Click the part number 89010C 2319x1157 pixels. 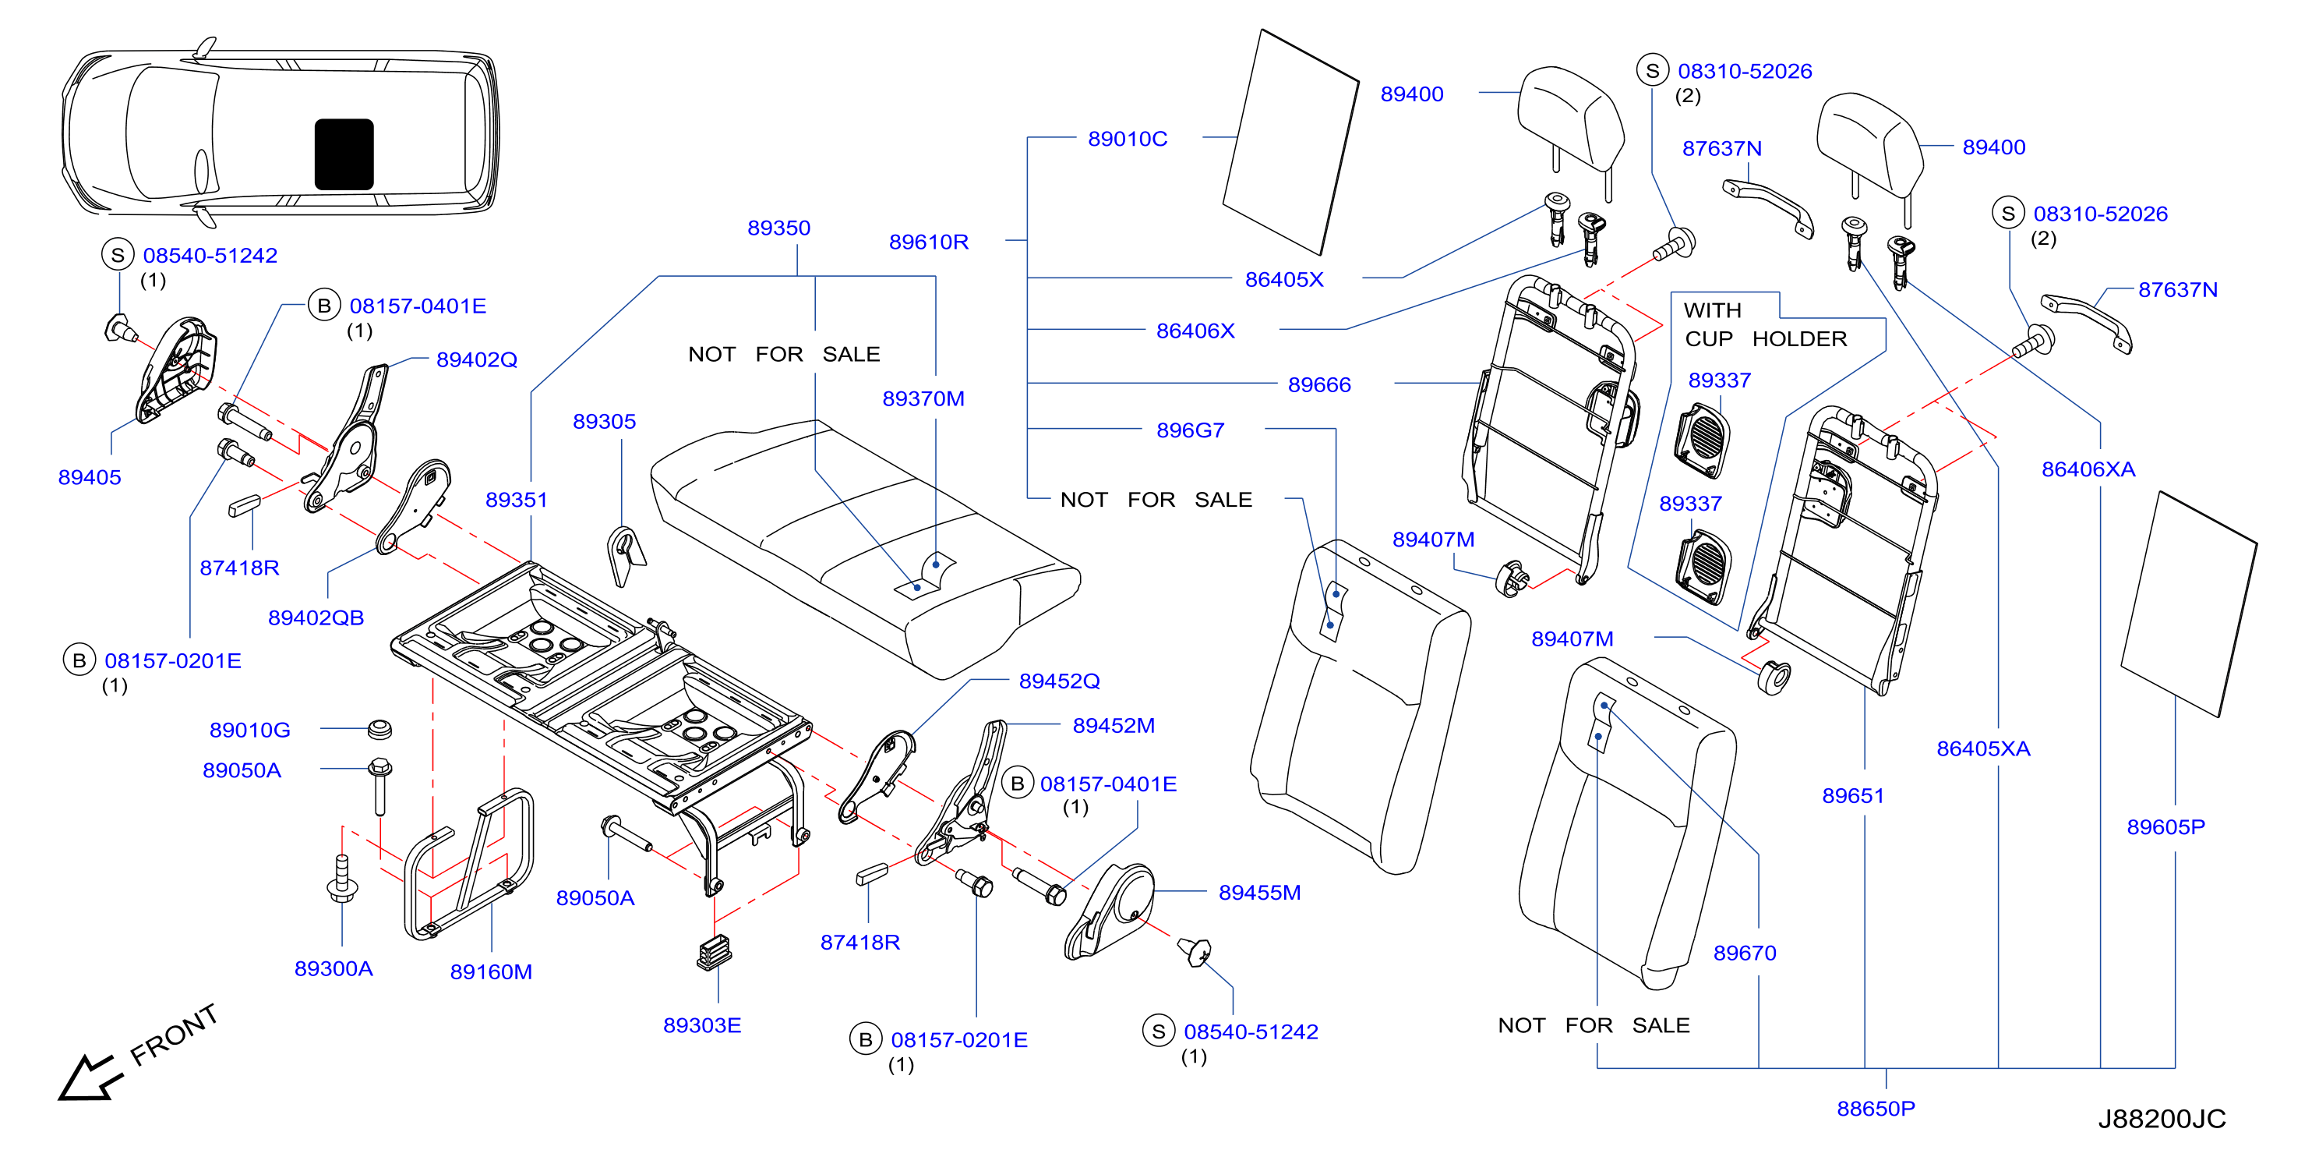(1127, 139)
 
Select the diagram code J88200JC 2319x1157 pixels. (2162, 1118)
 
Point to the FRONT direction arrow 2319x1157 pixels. (87, 1077)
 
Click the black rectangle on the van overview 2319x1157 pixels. (344, 154)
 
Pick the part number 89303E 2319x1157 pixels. (702, 1024)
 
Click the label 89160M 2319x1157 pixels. (491, 971)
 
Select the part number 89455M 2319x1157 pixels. (1259, 892)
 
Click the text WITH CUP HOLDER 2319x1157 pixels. (1764, 324)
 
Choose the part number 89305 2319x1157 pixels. (604, 421)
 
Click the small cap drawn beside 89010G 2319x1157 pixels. (380, 728)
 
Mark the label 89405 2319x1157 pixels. (89, 477)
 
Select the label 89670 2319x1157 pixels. (1745, 953)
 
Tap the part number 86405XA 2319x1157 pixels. (1983, 748)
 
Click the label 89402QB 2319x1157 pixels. (316, 617)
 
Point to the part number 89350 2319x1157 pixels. (778, 228)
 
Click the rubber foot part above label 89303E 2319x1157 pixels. (715, 951)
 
